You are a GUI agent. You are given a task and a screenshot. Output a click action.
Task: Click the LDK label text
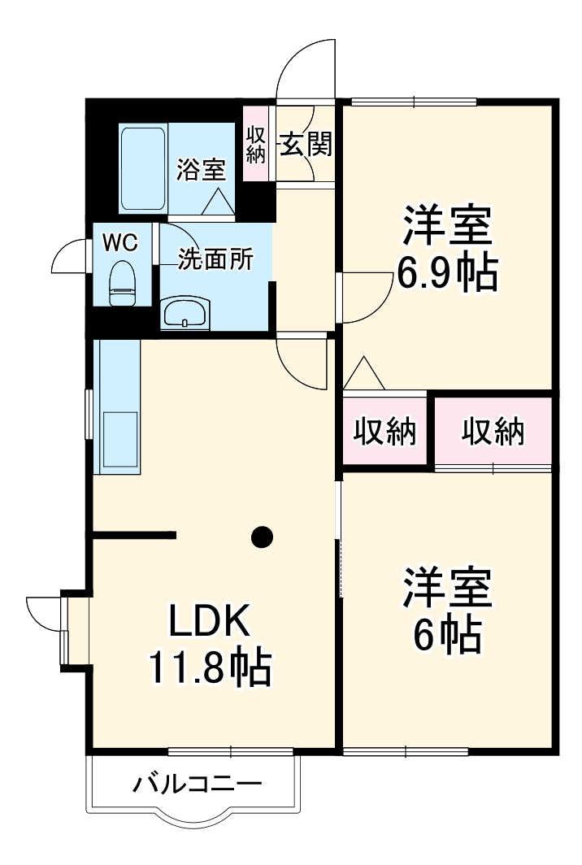[207, 622]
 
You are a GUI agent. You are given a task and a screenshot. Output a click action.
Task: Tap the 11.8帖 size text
[208, 668]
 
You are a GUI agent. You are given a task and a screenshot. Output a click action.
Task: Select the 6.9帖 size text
[446, 275]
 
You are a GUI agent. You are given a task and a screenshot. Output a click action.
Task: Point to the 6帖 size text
[446, 636]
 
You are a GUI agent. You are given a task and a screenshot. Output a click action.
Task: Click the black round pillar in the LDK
[262, 536]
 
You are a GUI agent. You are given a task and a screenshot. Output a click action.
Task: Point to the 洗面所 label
[215, 261]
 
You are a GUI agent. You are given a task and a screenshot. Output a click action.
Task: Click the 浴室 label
[201, 171]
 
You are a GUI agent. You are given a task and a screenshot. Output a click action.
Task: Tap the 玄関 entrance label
[306, 145]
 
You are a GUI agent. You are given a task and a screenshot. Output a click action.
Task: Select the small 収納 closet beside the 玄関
[256, 145]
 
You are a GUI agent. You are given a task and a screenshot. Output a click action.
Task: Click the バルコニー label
[198, 785]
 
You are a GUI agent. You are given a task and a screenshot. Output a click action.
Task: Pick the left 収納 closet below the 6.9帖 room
[384, 432]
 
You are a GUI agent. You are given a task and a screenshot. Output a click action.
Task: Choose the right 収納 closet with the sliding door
[493, 432]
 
